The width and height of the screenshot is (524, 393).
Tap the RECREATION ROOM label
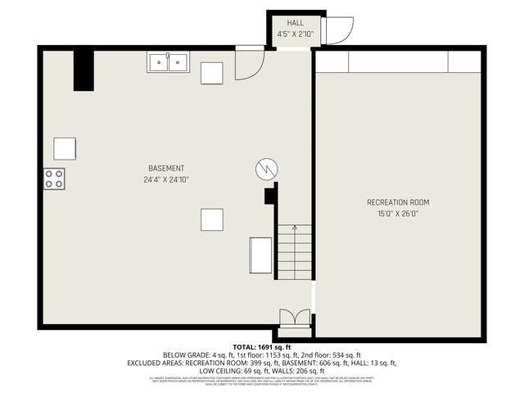tap(397, 202)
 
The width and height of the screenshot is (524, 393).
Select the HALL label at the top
tap(295, 23)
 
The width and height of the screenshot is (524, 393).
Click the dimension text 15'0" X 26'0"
tap(397, 214)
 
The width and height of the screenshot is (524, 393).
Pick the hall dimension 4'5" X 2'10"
tap(295, 34)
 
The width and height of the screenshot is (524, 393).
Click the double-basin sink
tap(168, 61)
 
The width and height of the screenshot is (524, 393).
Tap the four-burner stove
tap(54, 178)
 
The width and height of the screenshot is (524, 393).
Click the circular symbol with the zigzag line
tap(266, 169)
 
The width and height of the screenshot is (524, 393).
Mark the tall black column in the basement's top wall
tap(84, 70)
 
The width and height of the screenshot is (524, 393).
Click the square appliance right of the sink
tap(212, 73)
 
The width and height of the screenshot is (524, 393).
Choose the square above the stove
tap(65, 148)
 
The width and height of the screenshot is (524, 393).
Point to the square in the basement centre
tap(212, 219)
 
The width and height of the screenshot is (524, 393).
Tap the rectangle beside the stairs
tap(261, 254)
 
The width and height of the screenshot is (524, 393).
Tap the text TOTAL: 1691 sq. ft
tap(261, 347)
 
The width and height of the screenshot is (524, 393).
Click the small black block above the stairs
tap(269, 196)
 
